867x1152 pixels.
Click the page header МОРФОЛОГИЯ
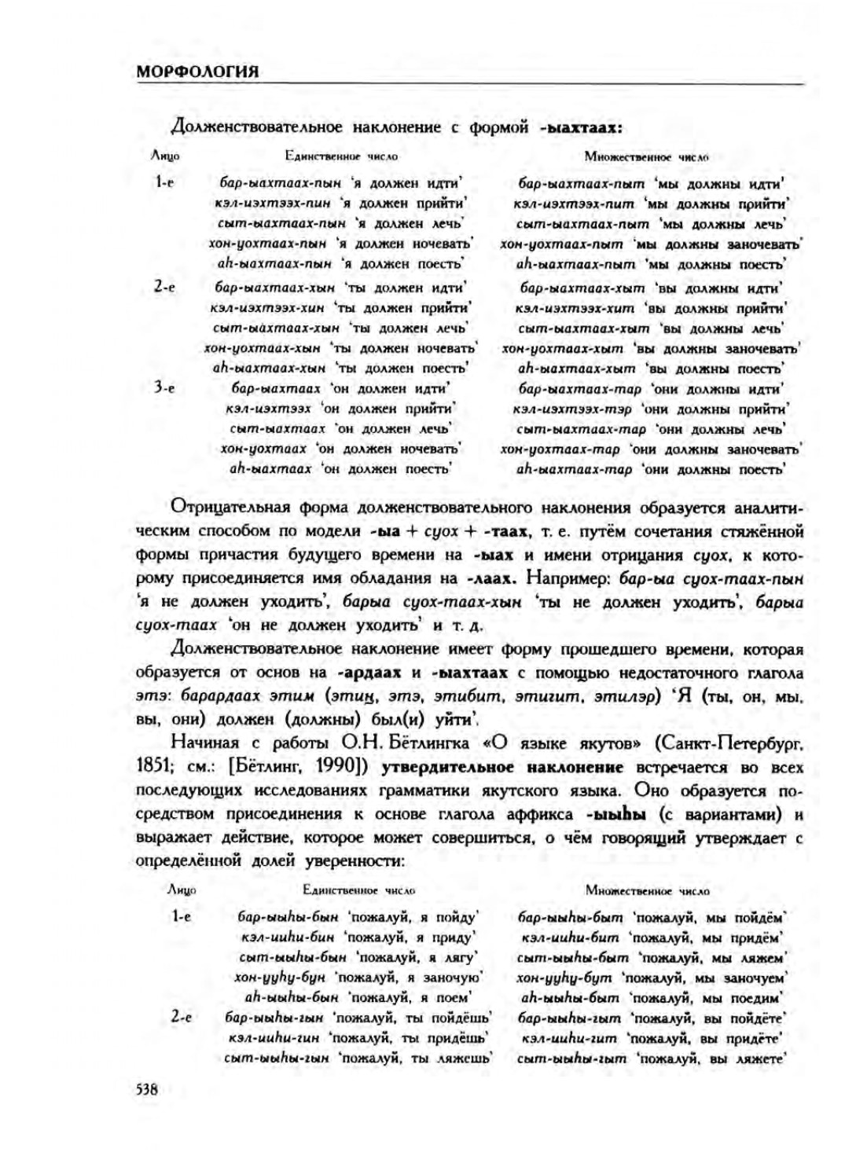(x=197, y=72)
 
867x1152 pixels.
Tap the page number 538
(x=147, y=1089)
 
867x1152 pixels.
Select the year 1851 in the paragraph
(x=150, y=766)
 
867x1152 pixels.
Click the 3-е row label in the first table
(x=163, y=387)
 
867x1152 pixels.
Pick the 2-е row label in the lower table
(x=181, y=1016)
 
